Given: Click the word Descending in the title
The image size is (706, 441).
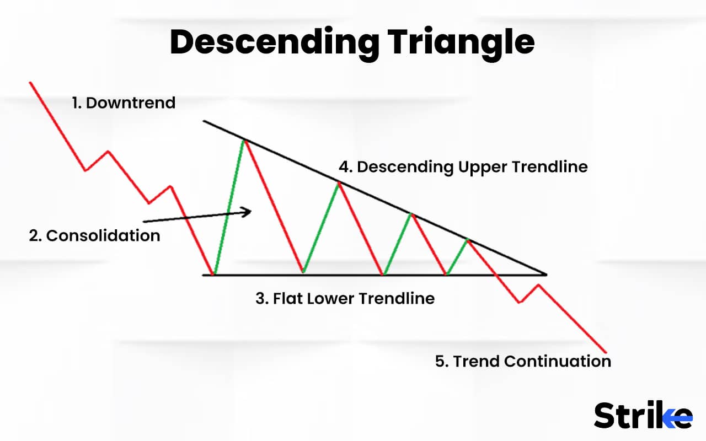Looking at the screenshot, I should pos(274,42).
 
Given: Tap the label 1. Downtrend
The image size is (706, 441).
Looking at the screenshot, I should pos(124,103).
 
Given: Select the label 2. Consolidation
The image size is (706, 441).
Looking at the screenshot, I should pos(94,235).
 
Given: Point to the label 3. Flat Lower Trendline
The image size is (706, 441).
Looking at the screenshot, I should pos(345,298).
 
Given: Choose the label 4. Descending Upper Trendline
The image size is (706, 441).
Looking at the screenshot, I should pos(463,166).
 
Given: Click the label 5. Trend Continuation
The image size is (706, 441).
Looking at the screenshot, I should pos(523,361).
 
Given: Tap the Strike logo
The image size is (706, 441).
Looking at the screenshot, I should pos(643,416).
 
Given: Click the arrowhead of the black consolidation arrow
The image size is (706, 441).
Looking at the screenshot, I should pos(247,211).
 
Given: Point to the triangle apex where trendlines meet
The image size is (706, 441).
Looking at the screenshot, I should pos(545,273).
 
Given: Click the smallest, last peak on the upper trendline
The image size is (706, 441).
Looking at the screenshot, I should pos(468,239).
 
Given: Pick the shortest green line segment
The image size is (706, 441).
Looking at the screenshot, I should pos(457,256).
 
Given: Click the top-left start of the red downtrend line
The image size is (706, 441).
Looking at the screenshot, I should pos(30,83).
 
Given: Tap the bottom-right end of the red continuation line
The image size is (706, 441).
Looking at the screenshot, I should pos(606,353).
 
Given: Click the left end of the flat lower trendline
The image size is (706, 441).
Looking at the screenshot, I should pos(204,274).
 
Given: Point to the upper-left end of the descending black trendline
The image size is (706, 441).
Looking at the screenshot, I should pos(204,121).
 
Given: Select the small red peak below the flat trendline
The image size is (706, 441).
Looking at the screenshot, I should pos(538,284).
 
